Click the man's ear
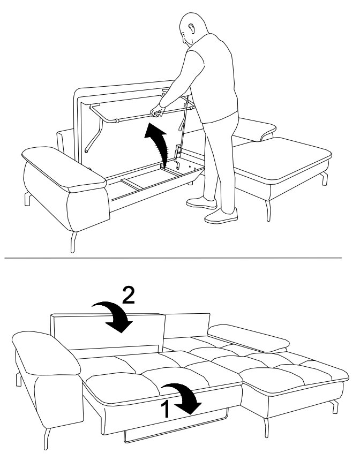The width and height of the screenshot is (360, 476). click(191, 28)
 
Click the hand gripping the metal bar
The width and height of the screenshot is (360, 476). click(157, 111)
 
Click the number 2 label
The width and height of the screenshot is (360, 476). click(129, 296)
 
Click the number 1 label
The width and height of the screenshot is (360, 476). click(165, 409)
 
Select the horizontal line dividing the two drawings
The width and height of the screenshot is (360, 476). click(173, 258)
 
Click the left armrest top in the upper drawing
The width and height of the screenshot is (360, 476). click(64, 169)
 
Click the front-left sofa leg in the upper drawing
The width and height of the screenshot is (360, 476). click(73, 242)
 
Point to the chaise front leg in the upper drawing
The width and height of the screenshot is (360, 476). click(268, 211)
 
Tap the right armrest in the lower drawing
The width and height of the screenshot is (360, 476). click(249, 338)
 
